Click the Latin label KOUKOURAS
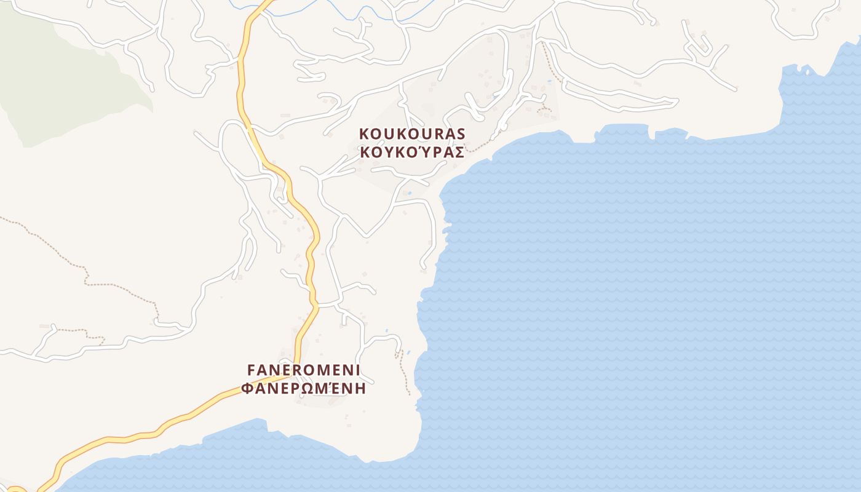click(412, 133)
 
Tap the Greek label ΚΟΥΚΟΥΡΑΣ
click(412, 153)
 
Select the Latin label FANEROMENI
click(304, 370)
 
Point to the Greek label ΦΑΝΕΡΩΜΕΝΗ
click(304, 389)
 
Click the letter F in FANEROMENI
click(251, 370)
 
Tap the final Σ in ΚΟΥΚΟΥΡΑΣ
click(458, 153)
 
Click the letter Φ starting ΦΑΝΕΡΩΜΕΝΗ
click(247, 389)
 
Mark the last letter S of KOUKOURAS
click(461, 133)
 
